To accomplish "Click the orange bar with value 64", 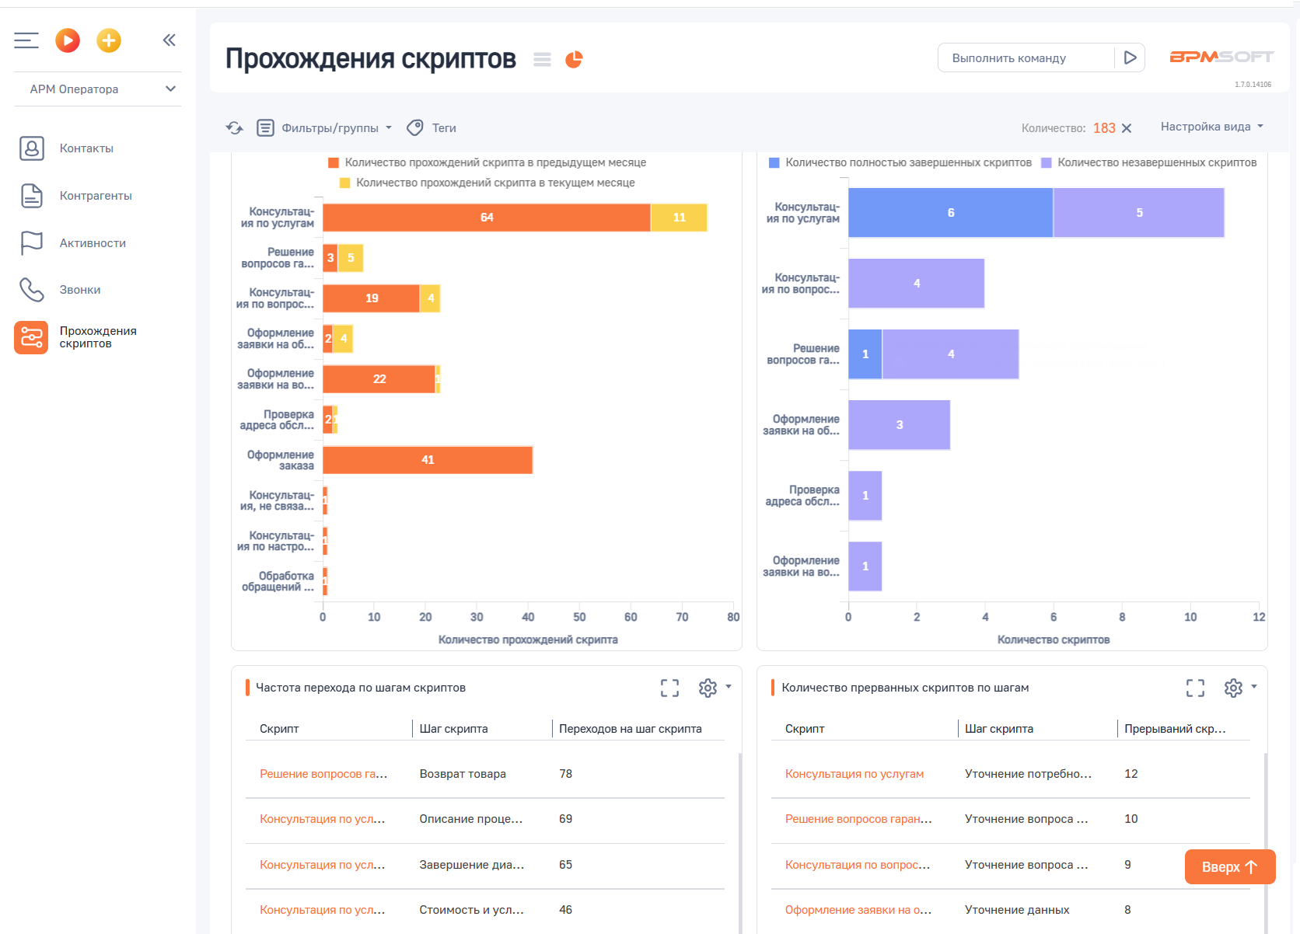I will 486,218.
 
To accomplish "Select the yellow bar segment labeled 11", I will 679,218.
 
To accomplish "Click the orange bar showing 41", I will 427,460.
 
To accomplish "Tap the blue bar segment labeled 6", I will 950,213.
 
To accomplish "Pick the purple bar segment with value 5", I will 1138,213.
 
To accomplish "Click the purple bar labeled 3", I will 899,425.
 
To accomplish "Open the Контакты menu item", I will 86,148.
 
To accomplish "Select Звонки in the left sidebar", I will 80,290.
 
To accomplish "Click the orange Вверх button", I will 1229,867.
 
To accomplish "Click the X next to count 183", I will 1127,128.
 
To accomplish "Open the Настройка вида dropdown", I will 1211,127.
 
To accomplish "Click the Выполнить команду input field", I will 1025,58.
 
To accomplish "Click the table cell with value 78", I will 565,774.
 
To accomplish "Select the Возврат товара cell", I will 463,774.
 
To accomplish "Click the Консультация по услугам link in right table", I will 854,774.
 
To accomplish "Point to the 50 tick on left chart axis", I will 579,617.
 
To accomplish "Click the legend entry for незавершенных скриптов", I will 1156,162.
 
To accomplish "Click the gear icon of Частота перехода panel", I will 708,688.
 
